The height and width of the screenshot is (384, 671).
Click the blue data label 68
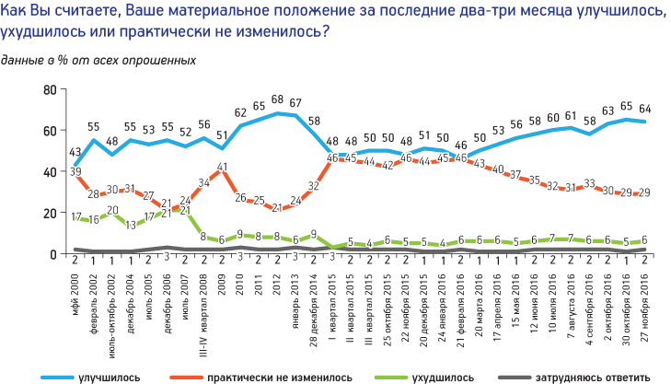click(x=277, y=99)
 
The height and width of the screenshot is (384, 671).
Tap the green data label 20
click(x=112, y=211)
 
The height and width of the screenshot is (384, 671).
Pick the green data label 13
click(x=130, y=225)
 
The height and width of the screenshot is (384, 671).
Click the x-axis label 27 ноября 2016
click(x=644, y=305)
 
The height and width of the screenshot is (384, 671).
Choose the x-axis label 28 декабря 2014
click(x=314, y=305)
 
